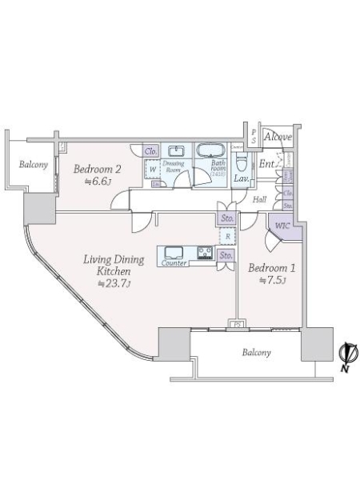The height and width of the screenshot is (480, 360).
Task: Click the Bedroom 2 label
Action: point(97,169)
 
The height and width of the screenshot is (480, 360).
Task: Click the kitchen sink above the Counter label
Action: point(174,251)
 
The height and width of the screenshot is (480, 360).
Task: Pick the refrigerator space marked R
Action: point(228,236)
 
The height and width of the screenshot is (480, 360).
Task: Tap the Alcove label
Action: point(278,138)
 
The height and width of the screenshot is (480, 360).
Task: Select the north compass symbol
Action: point(347,355)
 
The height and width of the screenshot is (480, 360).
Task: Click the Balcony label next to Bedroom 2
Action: point(34,166)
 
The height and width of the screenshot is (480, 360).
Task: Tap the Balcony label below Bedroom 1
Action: point(256,352)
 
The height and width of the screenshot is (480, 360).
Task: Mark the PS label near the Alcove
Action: point(253,136)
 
